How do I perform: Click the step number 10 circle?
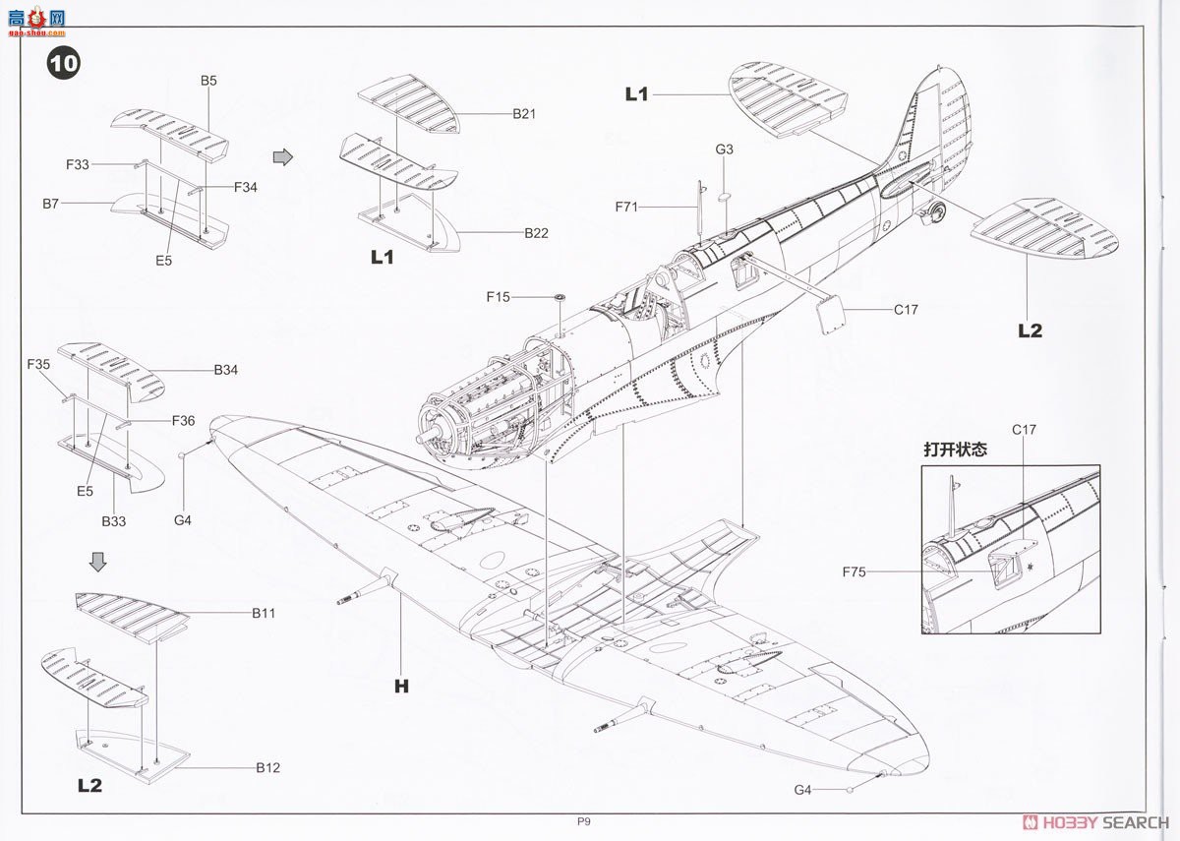pyautogui.click(x=64, y=64)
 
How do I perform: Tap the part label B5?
pyautogui.click(x=208, y=81)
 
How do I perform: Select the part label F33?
pyautogui.click(x=79, y=165)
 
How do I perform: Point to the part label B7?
pyautogui.click(x=51, y=203)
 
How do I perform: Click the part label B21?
pyautogui.click(x=523, y=114)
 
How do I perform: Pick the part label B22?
pyautogui.click(x=536, y=233)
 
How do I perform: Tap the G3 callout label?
pyautogui.click(x=725, y=150)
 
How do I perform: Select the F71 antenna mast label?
pyautogui.click(x=627, y=207)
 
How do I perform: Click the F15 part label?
pyautogui.click(x=499, y=296)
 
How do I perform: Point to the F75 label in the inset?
pyautogui.click(x=855, y=571)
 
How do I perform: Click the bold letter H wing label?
pyautogui.click(x=401, y=687)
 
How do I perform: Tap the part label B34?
pyautogui.click(x=226, y=371)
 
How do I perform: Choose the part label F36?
pyautogui.click(x=183, y=421)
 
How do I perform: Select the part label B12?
pyautogui.click(x=268, y=767)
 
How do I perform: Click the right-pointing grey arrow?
pyautogui.click(x=282, y=157)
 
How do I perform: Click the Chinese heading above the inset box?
pyautogui.click(x=955, y=450)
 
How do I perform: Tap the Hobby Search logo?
pyautogui.click(x=1096, y=822)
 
